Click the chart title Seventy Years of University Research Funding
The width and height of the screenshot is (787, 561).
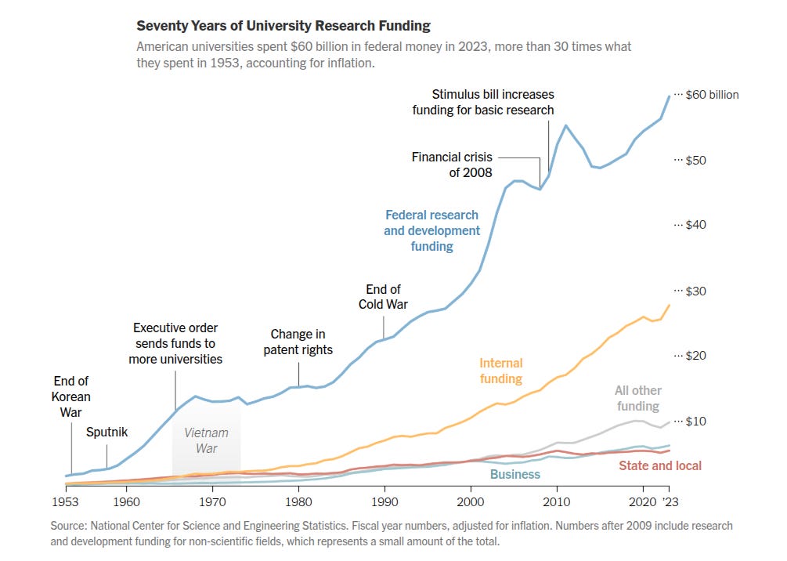pyautogui.click(x=283, y=26)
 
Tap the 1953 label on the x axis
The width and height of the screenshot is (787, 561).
pyautogui.click(x=66, y=501)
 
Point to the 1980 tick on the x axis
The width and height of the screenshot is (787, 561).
pyautogui.click(x=298, y=501)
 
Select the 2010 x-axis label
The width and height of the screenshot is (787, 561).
pyautogui.click(x=557, y=501)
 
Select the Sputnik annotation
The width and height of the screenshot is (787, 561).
pyautogui.click(x=106, y=432)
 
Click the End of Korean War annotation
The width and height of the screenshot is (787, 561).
pyautogui.click(x=71, y=396)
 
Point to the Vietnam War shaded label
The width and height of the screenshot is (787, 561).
pyautogui.click(x=206, y=440)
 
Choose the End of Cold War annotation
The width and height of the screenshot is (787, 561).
pyautogui.click(x=383, y=297)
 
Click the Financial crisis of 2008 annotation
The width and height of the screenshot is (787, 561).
pyautogui.click(x=452, y=165)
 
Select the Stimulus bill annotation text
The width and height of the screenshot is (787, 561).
pyautogui.click(x=483, y=103)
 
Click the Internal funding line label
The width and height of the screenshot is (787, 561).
pyautogui.click(x=500, y=371)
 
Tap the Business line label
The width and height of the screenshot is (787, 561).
pyautogui.click(x=514, y=474)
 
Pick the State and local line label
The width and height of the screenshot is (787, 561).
pyautogui.click(x=660, y=465)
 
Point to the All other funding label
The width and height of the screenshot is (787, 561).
pyautogui.click(x=637, y=398)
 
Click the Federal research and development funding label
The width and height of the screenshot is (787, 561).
pyautogui.click(x=431, y=230)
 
